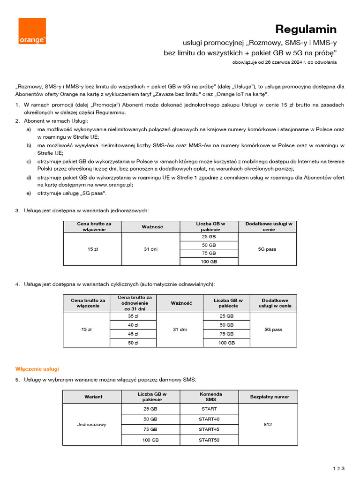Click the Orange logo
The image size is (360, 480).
point(32,31)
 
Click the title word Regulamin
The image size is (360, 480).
point(306,29)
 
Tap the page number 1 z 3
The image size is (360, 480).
point(338,468)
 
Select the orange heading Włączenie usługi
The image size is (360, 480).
point(37,369)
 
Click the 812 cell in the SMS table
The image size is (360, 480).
point(268,424)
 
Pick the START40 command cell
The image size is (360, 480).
point(209,419)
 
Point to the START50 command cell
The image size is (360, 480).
point(209,440)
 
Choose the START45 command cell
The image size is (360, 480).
point(209,429)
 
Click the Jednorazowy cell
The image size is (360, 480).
point(92,424)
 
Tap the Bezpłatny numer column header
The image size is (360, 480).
point(270,397)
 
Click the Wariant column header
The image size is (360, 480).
point(93,397)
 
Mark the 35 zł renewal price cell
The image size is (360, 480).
point(133,316)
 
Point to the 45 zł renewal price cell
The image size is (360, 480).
point(133,334)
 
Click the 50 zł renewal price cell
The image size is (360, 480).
point(133,343)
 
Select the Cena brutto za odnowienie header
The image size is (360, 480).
point(135,303)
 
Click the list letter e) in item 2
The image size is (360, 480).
point(29,193)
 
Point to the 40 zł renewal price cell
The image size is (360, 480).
point(133,325)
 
